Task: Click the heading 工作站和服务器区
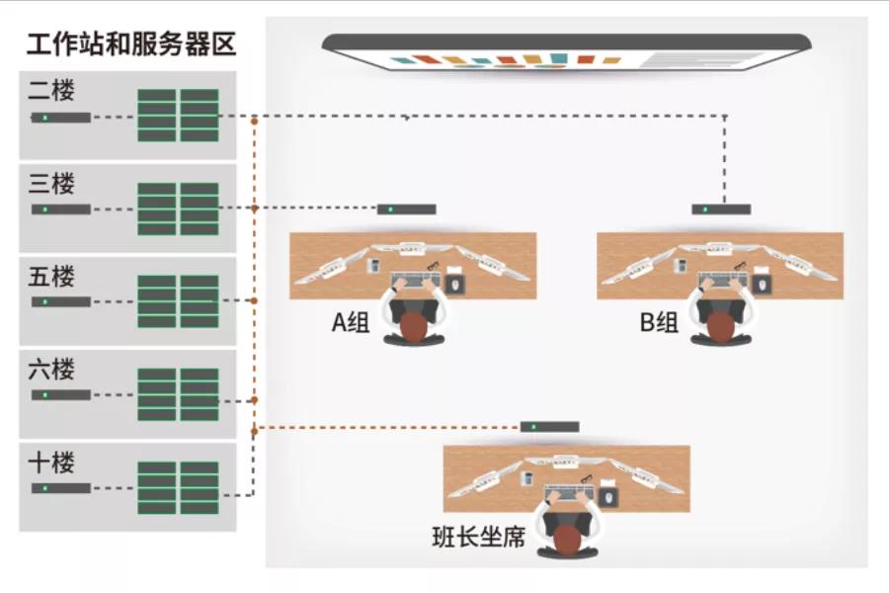(x=131, y=44)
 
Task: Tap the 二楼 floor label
(x=52, y=91)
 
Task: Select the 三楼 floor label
(x=52, y=183)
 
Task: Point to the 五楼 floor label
(x=52, y=276)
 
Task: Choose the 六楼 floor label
(x=52, y=369)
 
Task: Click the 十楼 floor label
(x=52, y=462)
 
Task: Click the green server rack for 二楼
(x=178, y=116)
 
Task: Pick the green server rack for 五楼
(x=178, y=301)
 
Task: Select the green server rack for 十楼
(x=178, y=487)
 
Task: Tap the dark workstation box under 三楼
(x=61, y=210)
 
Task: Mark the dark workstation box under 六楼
(x=61, y=395)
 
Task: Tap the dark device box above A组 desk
(x=406, y=210)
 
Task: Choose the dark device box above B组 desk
(x=721, y=210)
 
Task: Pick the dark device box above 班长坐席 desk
(x=550, y=427)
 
